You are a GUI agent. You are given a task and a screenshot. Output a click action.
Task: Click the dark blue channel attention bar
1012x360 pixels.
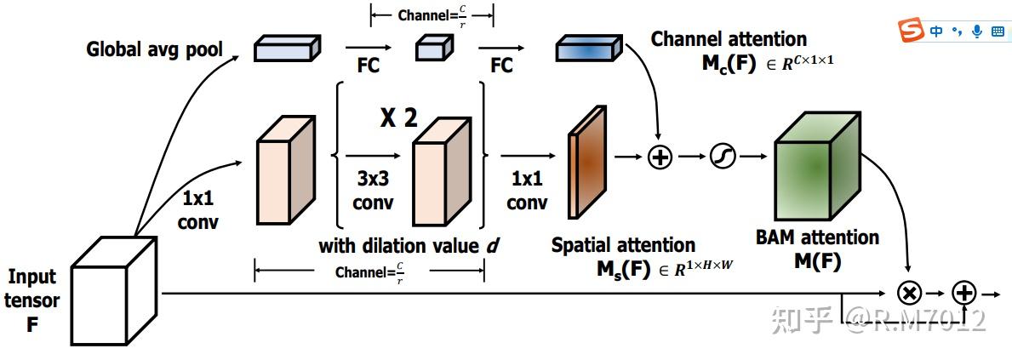[589, 49]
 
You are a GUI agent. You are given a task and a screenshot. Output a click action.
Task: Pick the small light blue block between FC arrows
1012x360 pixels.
[431, 47]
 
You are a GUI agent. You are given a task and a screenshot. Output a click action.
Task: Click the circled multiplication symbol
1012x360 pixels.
[910, 294]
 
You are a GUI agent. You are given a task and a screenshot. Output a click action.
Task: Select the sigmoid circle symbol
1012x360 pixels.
[723, 157]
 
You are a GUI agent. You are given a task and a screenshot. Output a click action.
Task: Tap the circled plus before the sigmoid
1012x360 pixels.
[660, 157]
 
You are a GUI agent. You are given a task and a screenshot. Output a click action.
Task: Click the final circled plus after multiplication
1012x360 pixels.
[964, 294]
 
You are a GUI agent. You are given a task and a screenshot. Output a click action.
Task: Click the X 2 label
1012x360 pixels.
[397, 118]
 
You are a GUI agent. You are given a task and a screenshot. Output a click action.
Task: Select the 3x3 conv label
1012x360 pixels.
[374, 191]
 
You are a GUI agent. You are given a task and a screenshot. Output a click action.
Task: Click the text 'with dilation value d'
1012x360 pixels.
[410, 247]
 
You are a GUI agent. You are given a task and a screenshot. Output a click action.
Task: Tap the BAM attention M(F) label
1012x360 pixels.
[817, 250]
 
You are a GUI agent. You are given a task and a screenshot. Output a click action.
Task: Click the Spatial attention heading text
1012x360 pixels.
[624, 244]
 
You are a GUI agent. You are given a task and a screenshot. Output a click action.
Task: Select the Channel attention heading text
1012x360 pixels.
[729, 39]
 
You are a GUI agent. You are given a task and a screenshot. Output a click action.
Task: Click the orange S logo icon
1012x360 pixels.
[912, 31]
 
